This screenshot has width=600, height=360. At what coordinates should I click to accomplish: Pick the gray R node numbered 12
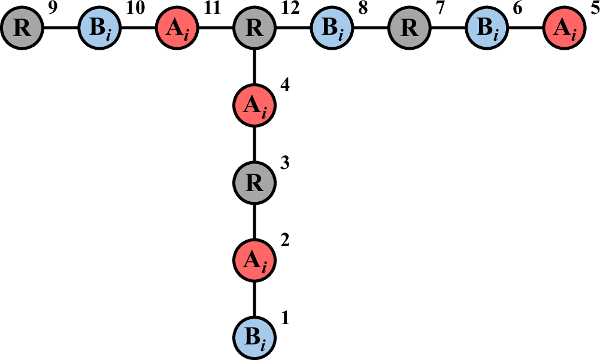255,28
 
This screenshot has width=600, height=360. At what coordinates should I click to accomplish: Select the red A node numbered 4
255,105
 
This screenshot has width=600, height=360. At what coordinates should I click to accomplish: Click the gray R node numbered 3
255,183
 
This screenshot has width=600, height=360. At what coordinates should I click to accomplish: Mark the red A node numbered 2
255,260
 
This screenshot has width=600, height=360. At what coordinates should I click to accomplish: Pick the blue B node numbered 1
255,337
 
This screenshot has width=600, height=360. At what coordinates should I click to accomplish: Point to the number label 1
285,318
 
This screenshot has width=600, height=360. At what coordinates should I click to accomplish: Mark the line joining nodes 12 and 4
255,66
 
